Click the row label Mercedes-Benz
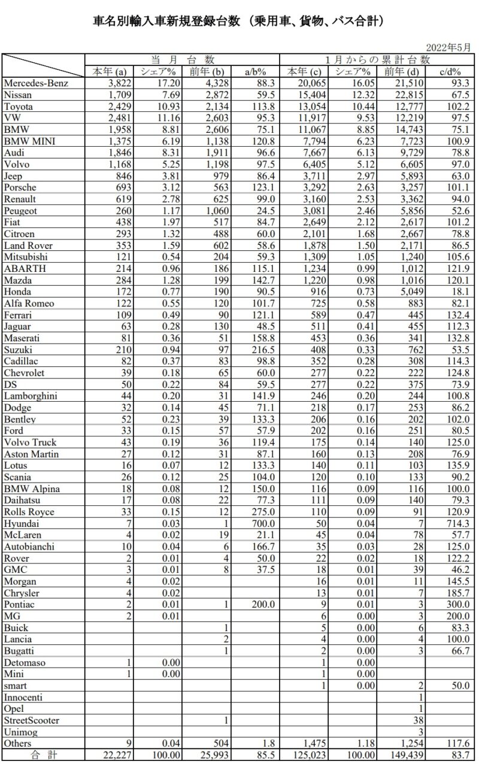[35, 83]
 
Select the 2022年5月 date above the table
[448, 47]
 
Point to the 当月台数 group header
[182, 60]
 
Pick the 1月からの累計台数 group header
[378, 60]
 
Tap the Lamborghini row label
[31, 396]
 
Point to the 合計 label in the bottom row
[42, 755]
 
